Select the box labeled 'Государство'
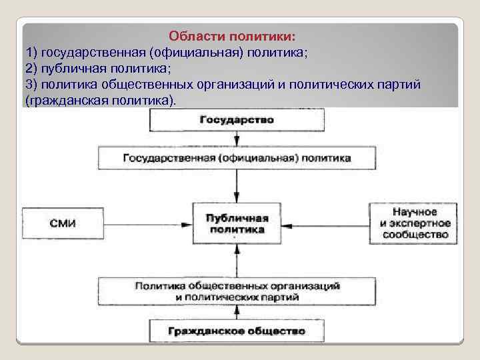(237, 120)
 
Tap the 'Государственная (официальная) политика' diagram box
(237, 159)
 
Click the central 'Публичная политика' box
(237, 223)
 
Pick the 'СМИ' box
(63, 223)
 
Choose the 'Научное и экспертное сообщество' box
(415, 223)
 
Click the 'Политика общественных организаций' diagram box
(237, 291)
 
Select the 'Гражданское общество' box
(237, 330)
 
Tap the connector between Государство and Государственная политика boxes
(237, 139)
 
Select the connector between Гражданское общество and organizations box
(237, 312)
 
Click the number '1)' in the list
(31, 52)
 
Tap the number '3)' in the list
(31, 85)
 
